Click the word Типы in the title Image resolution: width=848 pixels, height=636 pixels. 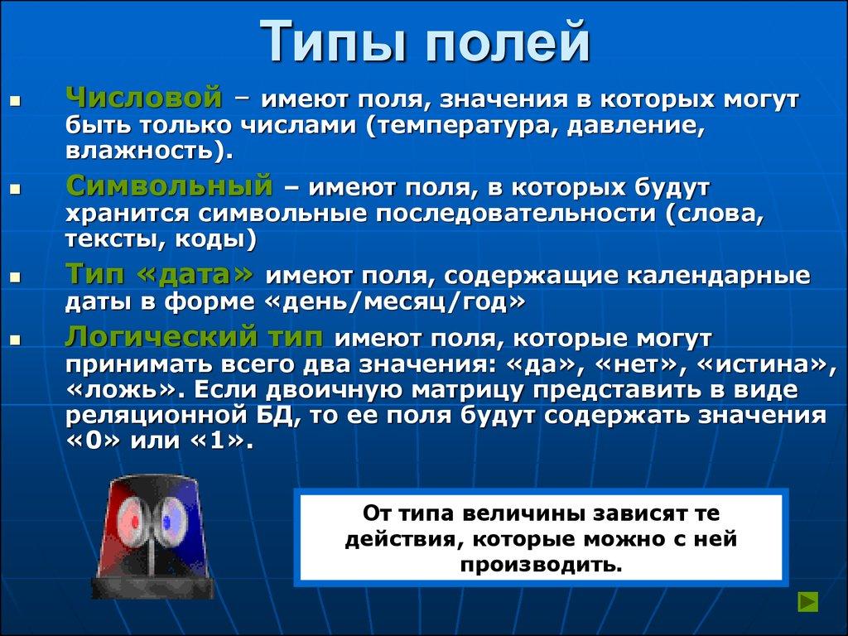pos(336,43)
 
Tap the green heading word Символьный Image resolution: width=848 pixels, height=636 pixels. pos(169,184)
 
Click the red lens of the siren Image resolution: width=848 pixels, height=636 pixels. pos(131,520)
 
